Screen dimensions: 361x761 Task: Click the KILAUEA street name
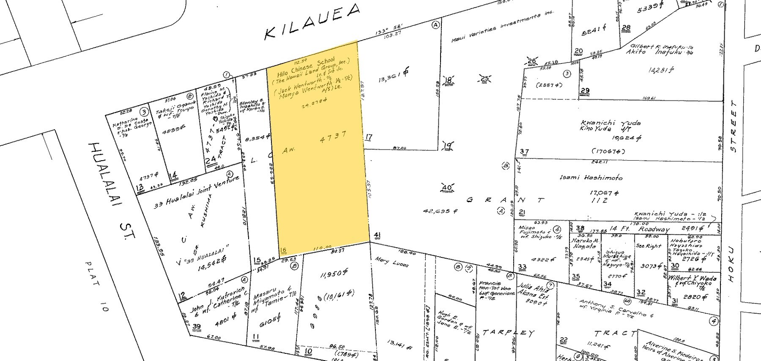pyautogui.click(x=312, y=22)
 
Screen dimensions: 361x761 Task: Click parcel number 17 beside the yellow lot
pyautogui.click(x=369, y=137)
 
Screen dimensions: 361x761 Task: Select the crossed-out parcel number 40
pyautogui.click(x=446, y=188)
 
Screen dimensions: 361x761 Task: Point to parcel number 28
pyautogui.click(x=626, y=28)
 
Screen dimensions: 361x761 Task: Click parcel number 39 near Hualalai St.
pyautogui.click(x=197, y=326)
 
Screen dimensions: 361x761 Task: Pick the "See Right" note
pyautogui.click(x=648, y=246)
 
